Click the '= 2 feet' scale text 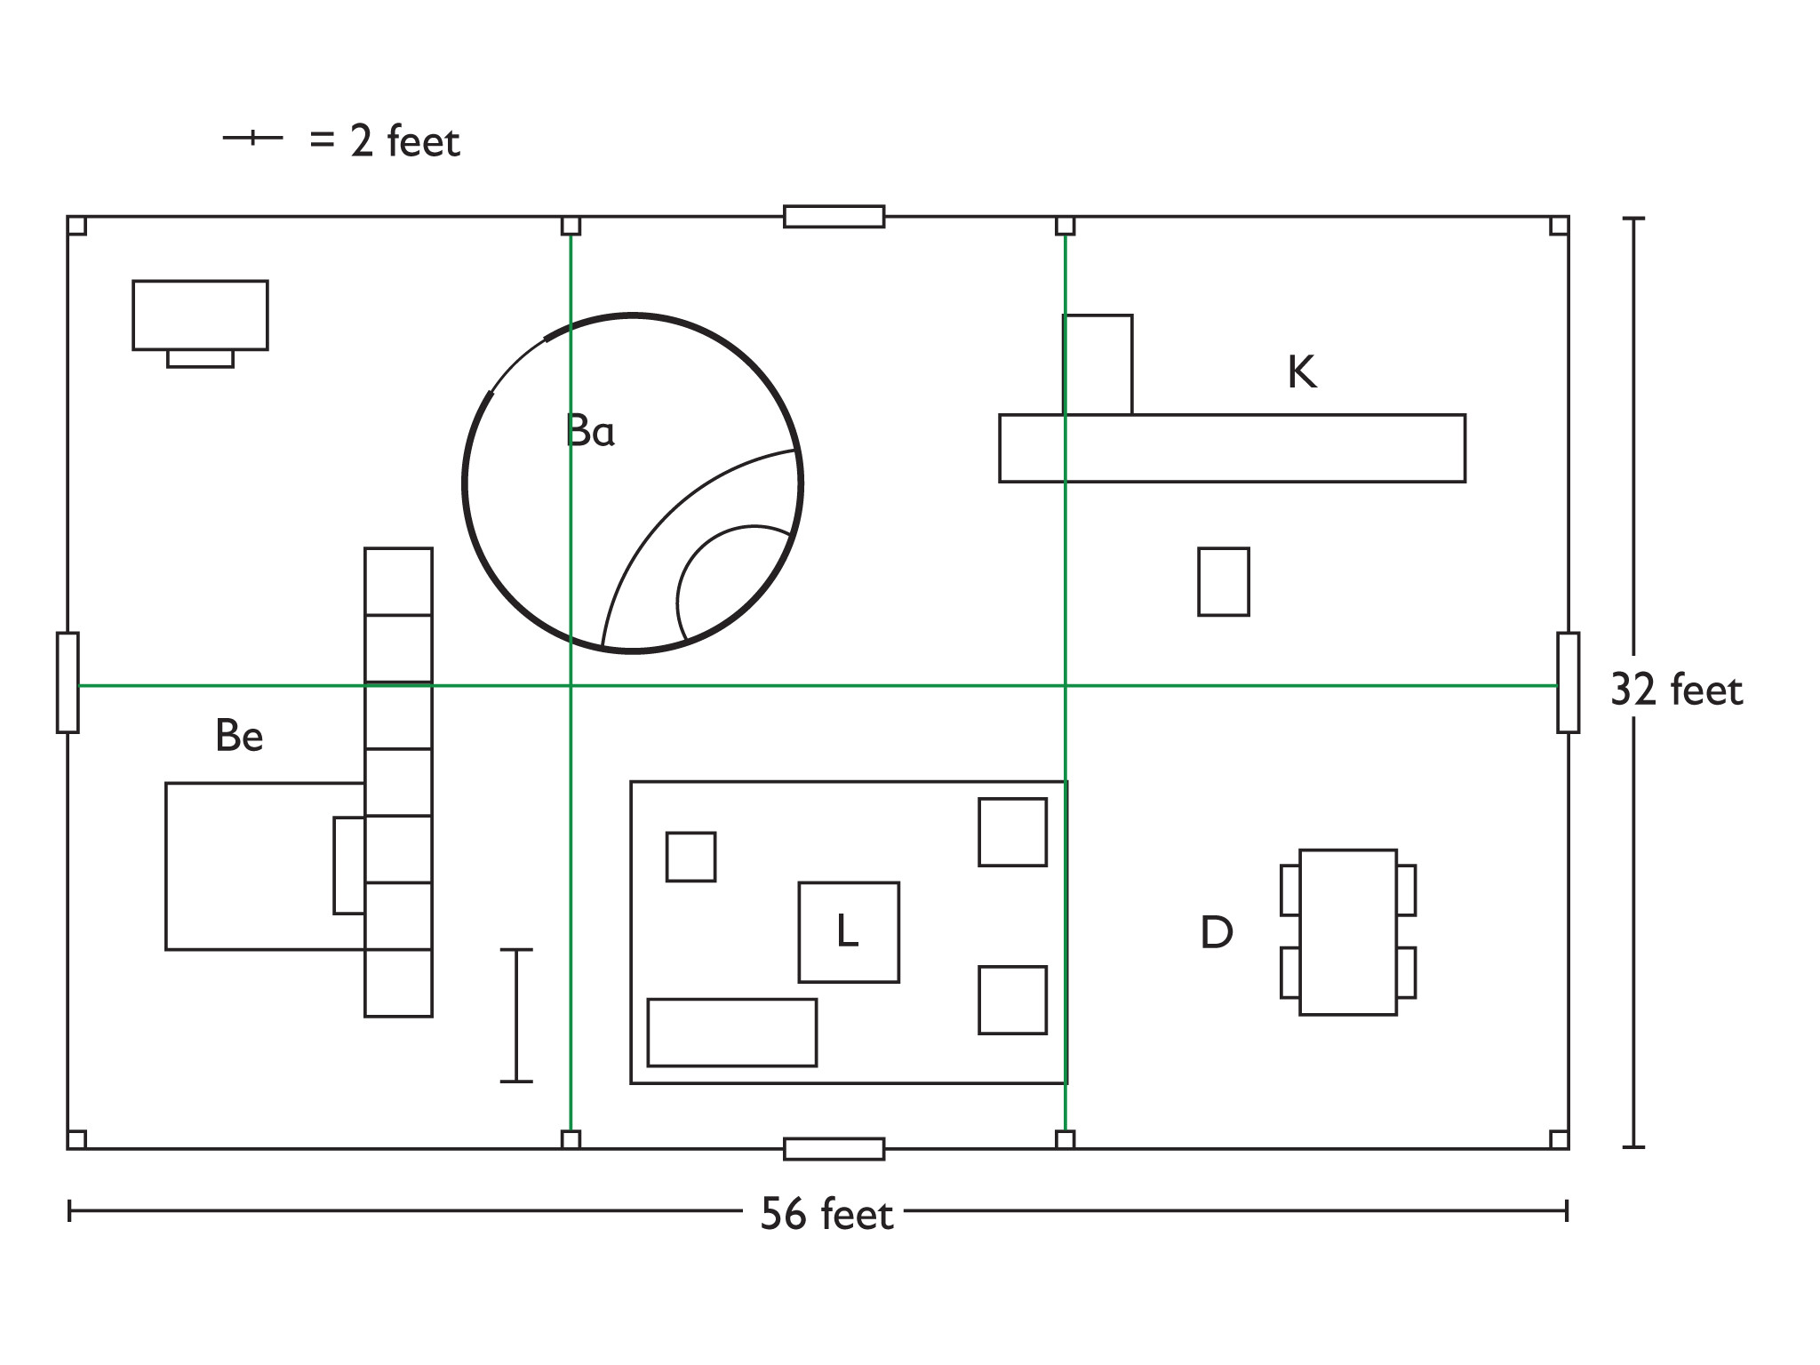pyautogui.click(x=385, y=142)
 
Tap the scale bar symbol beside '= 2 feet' pyautogui.click(x=252, y=138)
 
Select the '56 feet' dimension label pyautogui.click(x=826, y=1214)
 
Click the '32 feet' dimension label pyautogui.click(x=1676, y=690)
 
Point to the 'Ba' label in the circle pyautogui.click(x=590, y=432)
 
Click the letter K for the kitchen pyautogui.click(x=1302, y=372)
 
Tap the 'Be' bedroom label pyautogui.click(x=239, y=736)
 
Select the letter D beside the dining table pyautogui.click(x=1217, y=933)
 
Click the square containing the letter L pyautogui.click(x=849, y=932)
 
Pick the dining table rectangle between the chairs pyautogui.click(x=1348, y=932)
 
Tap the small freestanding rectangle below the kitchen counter pyautogui.click(x=1224, y=582)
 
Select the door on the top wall pyautogui.click(x=834, y=217)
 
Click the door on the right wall pyautogui.click(x=1568, y=682)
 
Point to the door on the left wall pyautogui.click(x=68, y=682)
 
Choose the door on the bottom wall pyautogui.click(x=834, y=1149)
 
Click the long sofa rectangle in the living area pyautogui.click(x=732, y=1033)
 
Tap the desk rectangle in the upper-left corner pyautogui.click(x=200, y=315)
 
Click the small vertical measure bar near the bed pyautogui.click(x=516, y=1016)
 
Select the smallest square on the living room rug pyautogui.click(x=690, y=857)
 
